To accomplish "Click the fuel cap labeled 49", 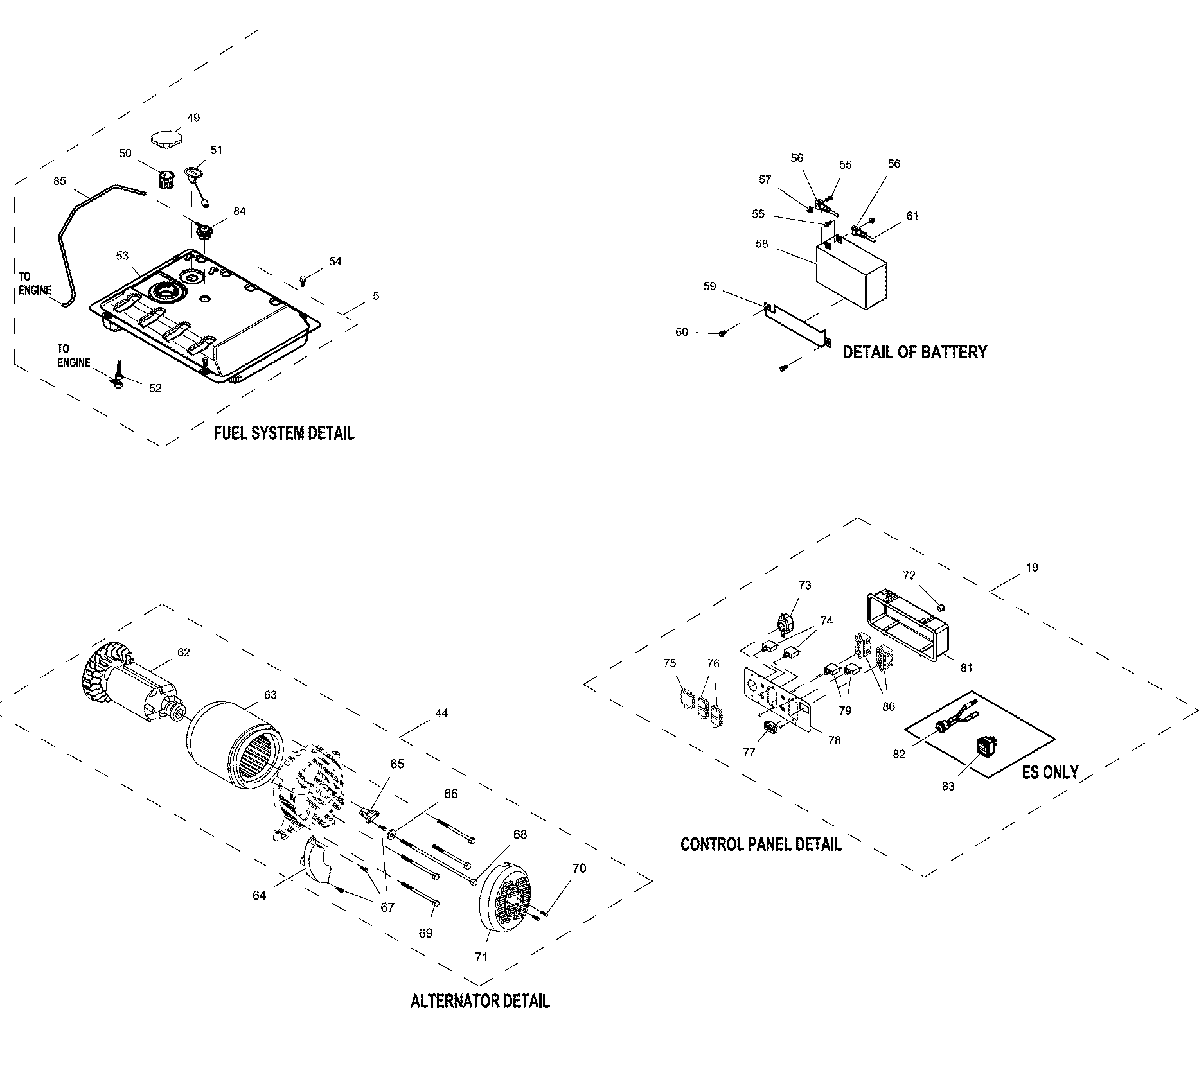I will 166,138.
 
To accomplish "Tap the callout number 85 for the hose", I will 59,182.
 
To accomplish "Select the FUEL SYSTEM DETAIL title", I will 283,433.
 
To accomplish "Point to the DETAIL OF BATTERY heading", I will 914,352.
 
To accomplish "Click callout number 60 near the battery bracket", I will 682,332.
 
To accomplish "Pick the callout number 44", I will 441,713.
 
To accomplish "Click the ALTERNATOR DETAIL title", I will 480,1001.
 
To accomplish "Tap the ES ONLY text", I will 1050,772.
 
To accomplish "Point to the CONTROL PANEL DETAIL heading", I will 761,844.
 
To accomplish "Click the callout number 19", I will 1032,568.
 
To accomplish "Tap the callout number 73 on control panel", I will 805,585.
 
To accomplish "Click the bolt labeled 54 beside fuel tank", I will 303,280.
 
